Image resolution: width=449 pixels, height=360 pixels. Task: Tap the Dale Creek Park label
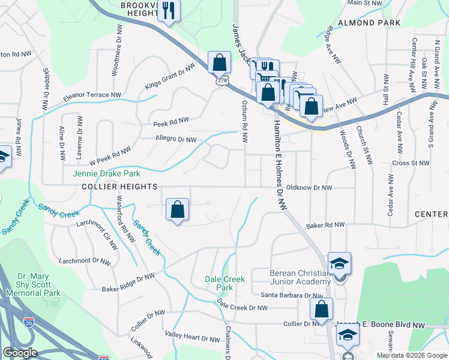tap(225, 283)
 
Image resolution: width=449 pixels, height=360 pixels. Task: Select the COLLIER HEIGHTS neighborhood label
tap(119, 187)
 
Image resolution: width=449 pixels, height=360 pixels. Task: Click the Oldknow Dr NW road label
tap(309, 188)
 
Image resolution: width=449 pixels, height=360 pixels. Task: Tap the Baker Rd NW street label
tap(325, 226)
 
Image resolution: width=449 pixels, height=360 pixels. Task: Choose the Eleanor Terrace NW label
tap(92, 95)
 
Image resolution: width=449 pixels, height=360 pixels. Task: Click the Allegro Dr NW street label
tap(176, 140)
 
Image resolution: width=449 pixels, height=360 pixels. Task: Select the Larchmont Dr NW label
tap(85, 261)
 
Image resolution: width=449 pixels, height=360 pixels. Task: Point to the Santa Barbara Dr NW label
tap(292, 295)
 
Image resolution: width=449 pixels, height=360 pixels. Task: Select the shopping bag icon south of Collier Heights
tap(177, 209)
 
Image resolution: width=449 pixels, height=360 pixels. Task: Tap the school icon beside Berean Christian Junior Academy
tap(339, 263)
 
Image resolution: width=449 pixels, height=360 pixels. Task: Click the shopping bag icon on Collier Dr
tap(322, 309)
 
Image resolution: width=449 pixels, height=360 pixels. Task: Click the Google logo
tap(20, 353)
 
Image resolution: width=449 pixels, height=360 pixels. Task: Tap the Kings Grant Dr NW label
tap(170, 76)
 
